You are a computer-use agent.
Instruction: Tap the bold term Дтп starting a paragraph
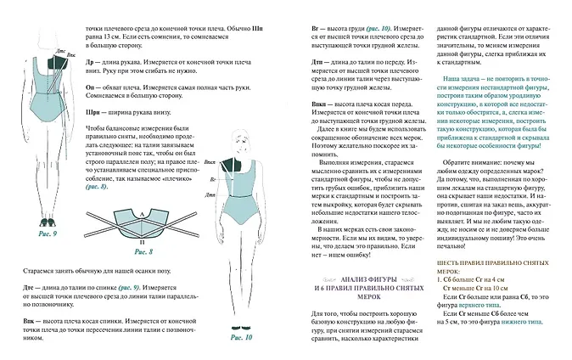point(318,61)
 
